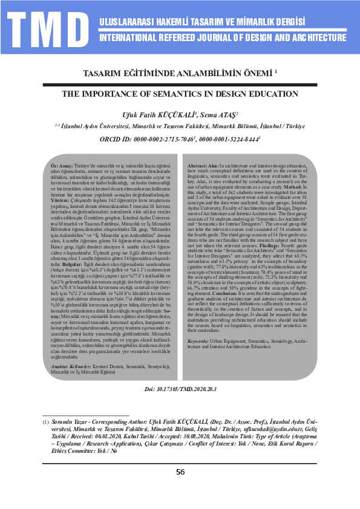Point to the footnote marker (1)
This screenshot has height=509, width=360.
point(45,421)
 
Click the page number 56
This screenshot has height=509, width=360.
point(180,472)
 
